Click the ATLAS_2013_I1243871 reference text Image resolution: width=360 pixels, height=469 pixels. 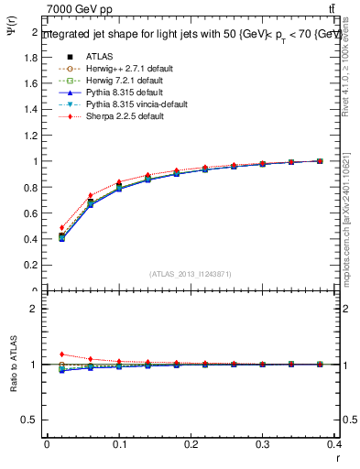tap(191, 274)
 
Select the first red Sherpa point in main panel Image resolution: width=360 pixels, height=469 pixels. tap(62, 228)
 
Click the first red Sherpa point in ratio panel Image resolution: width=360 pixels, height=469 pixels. tap(62, 354)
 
